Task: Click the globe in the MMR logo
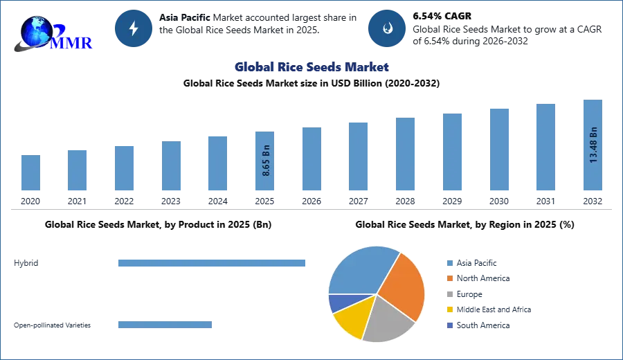coord(37,30)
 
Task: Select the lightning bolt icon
coord(134,28)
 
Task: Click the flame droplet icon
coord(387,28)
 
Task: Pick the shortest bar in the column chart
coord(30,174)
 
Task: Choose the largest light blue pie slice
coord(360,270)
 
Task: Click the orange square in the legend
coord(449,278)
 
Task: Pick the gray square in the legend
coord(449,294)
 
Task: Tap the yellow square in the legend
coord(449,310)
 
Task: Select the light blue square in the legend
coord(449,262)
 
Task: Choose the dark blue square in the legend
coord(449,326)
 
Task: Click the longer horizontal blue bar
coord(212,262)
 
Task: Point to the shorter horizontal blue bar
coord(165,326)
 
